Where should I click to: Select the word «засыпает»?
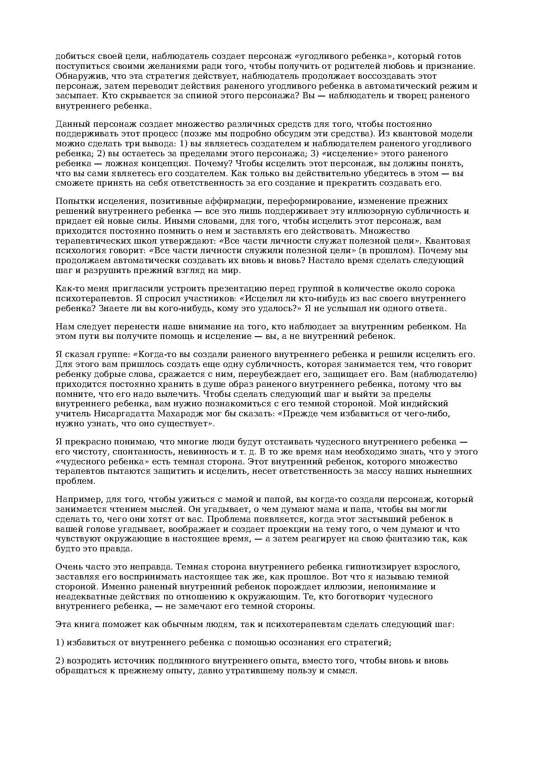click(73, 96)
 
